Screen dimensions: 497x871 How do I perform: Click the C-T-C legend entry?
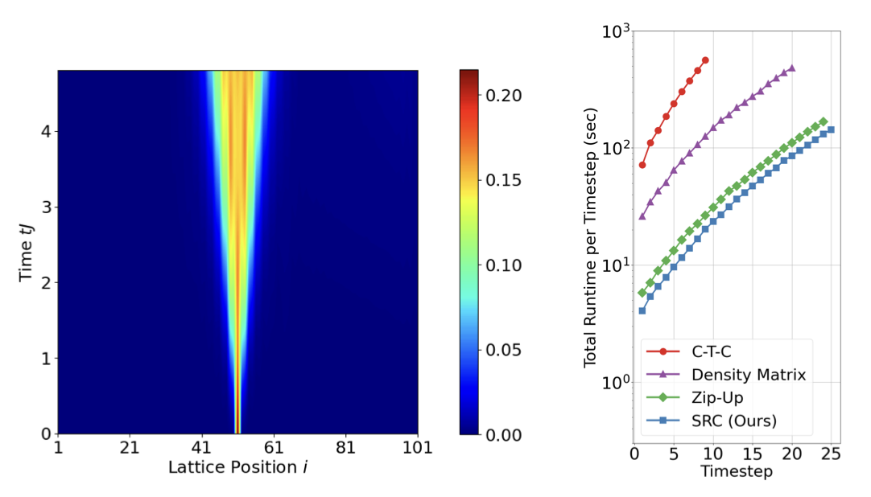[x=709, y=351]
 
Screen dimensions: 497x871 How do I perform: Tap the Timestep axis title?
[x=736, y=472]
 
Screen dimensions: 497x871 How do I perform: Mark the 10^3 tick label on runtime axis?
[x=616, y=32]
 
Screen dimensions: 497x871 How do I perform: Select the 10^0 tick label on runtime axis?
[x=616, y=382]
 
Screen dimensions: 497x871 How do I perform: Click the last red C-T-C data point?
[x=705, y=60]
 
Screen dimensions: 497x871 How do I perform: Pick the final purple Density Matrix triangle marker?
[x=792, y=68]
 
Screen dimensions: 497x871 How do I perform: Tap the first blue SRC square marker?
[x=642, y=310]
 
